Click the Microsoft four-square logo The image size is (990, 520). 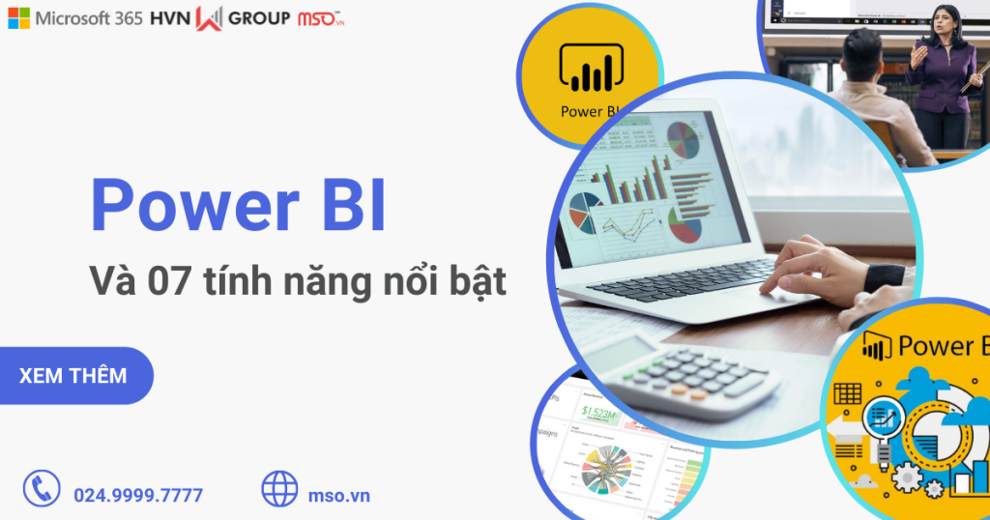18,18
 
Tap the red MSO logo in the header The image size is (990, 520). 320,18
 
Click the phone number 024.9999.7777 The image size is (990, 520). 138,496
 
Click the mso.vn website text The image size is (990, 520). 337,496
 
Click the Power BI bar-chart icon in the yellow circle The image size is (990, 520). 589,69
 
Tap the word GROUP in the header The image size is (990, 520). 258,18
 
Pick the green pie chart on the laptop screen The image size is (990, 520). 684,139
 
